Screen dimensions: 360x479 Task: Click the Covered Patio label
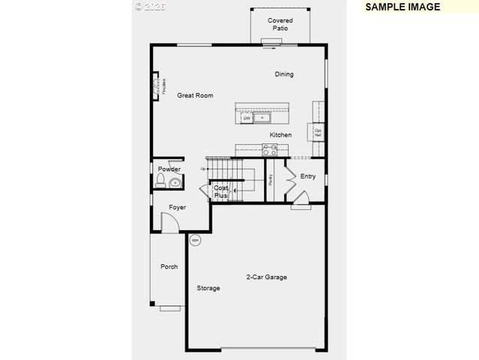pos(280,24)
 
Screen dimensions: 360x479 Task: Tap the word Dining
pos(284,74)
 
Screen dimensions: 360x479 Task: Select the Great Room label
pos(195,95)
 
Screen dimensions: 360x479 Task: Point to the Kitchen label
pos(281,135)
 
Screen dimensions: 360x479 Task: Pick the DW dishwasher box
pos(246,118)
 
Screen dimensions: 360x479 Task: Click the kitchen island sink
pos(262,118)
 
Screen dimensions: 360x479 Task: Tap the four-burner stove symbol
pos(269,150)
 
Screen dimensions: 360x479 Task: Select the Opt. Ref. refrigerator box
pos(318,133)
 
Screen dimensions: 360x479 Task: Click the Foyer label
pos(177,207)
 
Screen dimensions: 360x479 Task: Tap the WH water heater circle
pos(195,241)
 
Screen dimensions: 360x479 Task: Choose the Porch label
pos(169,266)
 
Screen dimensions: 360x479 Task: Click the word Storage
pos(208,288)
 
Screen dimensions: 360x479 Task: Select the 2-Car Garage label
pos(267,277)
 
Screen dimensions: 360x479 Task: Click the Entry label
pos(308,176)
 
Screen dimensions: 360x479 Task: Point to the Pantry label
pos(270,180)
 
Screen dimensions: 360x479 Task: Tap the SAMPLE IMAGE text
pos(402,7)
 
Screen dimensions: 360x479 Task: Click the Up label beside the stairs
pos(202,169)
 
